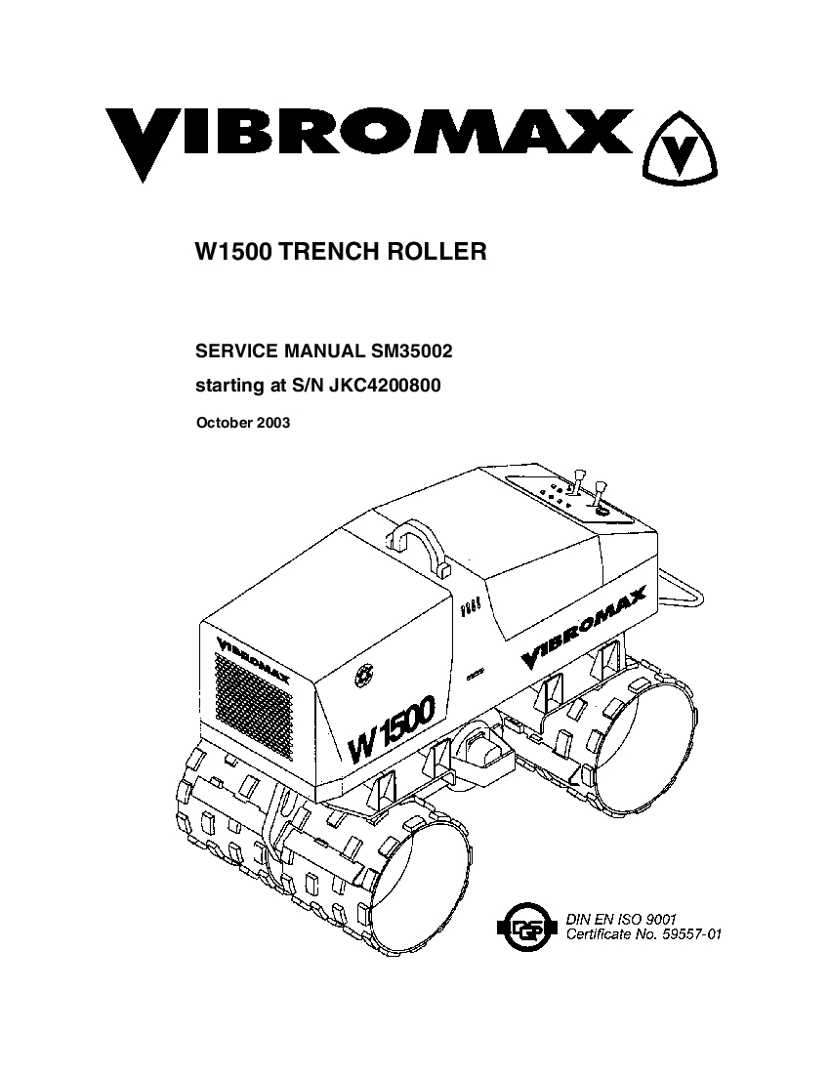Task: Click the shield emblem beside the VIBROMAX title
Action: pos(679,148)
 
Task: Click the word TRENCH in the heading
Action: pos(321,251)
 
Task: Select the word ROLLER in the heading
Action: pos(428,251)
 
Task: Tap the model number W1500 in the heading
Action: pos(234,251)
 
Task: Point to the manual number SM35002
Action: pos(411,351)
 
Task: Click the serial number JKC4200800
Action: pos(386,386)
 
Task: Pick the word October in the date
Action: pos(224,423)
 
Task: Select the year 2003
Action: pos(273,423)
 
